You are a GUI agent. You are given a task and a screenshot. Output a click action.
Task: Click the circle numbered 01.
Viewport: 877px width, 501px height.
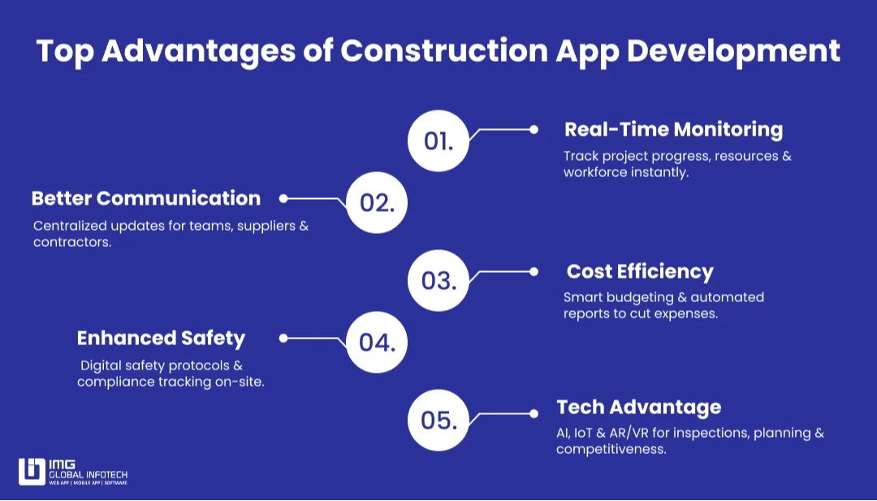[438, 140]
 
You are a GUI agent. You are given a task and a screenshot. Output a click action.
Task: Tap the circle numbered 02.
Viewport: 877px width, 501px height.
[377, 202]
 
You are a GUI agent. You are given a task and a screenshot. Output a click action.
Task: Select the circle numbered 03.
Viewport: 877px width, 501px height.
[438, 280]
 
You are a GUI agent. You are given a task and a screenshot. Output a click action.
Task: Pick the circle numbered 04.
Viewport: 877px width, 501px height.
[377, 342]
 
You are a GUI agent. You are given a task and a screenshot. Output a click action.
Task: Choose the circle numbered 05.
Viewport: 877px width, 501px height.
[438, 420]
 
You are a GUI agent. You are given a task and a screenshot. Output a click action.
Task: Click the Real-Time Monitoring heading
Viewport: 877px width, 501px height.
[673, 129]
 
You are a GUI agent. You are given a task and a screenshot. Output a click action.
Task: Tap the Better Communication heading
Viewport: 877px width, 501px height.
[146, 198]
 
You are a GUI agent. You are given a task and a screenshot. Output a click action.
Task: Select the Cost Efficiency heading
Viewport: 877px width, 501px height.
[640, 271]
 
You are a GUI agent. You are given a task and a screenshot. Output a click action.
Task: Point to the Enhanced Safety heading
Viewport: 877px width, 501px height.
[161, 338]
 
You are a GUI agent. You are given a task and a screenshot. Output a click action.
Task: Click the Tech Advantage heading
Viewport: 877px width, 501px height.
[638, 407]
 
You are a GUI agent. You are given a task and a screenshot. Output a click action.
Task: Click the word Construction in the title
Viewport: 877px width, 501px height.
[443, 51]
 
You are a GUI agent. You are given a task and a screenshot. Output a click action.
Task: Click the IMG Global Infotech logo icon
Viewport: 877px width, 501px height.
[32, 472]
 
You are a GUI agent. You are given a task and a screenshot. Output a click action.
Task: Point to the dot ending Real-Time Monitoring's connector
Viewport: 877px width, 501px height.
[534, 128]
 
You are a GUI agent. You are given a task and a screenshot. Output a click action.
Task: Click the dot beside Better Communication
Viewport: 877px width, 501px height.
[283, 198]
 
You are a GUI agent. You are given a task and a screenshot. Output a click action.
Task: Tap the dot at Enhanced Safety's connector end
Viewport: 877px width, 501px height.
[283, 338]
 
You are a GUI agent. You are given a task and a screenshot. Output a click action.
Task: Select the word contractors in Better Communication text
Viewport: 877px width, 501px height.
[71, 242]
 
